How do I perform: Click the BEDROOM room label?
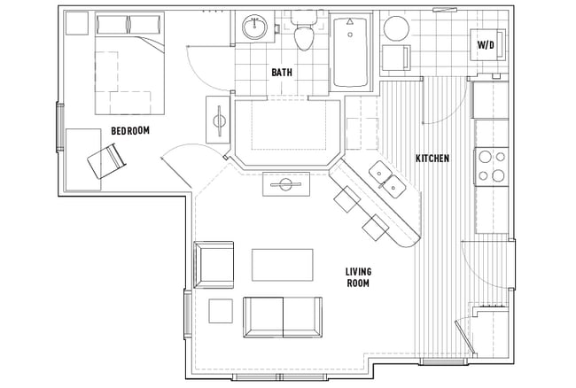click(129, 131)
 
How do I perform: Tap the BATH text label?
click(282, 73)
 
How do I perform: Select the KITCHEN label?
click(432, 159)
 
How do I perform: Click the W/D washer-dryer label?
click(486, 43)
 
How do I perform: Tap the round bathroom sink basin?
click(257, 27)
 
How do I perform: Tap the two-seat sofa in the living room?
click(281, 317)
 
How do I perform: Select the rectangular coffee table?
click(283, 264)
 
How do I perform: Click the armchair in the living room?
click(214, 263)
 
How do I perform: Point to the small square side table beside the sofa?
click(220, 311)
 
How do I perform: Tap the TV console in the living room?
click(285, 185)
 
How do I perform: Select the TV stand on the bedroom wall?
click(219, 119)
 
